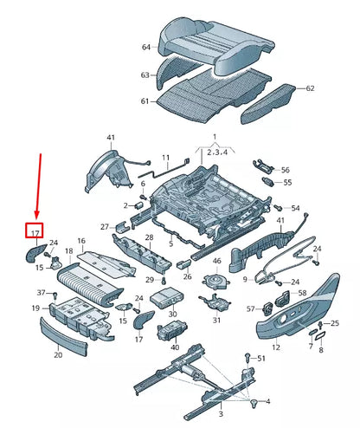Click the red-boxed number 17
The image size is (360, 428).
pos(35,232)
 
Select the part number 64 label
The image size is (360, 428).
pos(146,49)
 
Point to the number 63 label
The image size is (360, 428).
pos(145,75)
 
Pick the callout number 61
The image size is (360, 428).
pos(145,101)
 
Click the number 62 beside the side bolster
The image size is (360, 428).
pos(311,88)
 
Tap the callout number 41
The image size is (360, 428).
pos(111,139)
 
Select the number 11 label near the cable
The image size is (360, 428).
pos(166,159)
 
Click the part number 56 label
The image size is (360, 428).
pos(286,170)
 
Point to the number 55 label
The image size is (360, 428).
pos(288,183)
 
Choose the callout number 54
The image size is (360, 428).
pos(294,209)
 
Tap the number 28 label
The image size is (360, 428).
pos(149,237)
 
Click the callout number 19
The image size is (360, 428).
pos(36,308)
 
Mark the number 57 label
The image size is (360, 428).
pos(250,308)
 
